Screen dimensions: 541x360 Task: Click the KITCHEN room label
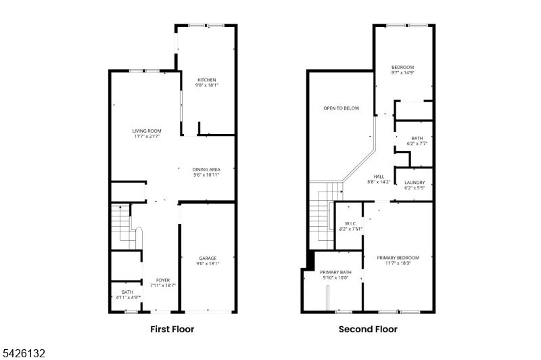207,80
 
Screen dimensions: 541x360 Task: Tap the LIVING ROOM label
147,131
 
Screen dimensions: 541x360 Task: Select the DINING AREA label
206,169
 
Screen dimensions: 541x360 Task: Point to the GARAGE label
208,258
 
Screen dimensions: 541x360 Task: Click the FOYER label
163,280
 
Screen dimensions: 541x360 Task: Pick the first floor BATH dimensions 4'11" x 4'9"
128,298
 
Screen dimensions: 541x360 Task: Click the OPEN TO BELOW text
342,108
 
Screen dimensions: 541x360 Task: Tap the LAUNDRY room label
415,183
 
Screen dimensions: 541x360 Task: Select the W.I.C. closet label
350,224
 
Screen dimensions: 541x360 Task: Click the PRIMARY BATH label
335,272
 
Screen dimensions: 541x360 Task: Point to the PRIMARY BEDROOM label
398,258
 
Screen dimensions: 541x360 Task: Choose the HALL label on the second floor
379,177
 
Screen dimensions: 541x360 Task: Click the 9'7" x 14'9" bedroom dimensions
402,73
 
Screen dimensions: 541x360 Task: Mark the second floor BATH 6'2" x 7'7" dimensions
417,143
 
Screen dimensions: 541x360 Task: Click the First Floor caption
172,330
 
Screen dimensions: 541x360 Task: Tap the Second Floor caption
368,330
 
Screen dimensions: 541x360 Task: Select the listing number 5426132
24,353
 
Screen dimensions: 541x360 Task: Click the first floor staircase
126,227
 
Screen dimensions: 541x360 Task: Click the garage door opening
208,312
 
